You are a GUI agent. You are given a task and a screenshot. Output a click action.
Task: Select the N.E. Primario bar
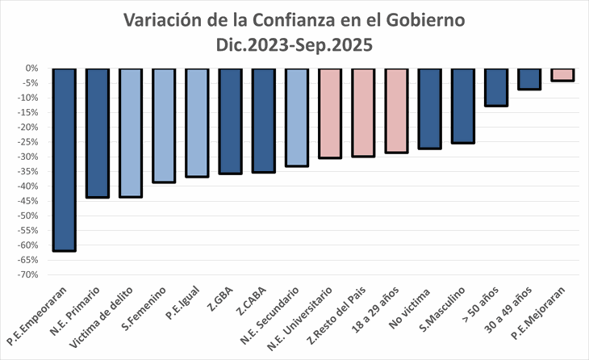pos(98,133)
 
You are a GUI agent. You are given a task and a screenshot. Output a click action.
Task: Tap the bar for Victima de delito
pos(131,133)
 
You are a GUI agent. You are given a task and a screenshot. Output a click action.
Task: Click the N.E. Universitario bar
pos(330,113)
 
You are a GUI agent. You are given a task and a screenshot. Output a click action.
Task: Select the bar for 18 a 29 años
pos(396,111)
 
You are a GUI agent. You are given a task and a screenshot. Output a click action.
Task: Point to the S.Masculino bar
pos(463,106)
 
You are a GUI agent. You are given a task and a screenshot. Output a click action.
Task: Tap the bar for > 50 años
pos(496,87)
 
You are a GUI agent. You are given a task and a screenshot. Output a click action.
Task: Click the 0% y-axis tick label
pos(34,69)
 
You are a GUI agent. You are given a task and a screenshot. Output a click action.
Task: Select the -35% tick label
pos(31,172)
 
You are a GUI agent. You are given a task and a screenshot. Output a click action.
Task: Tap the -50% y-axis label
pos(31,216)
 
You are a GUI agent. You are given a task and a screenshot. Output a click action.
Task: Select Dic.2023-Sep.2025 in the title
pos(294,45)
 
